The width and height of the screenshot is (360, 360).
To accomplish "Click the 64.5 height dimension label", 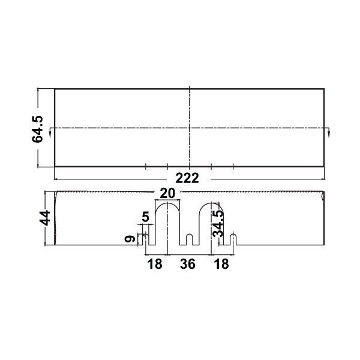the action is (x=37, y=129).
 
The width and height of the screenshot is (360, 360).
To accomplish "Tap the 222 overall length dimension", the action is (x=187, y=178).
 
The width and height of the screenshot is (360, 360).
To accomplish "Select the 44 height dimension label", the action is (x=44, y=218).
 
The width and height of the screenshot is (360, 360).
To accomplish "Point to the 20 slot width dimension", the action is (x=167, y=193).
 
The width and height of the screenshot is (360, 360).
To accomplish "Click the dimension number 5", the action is (x=146, y=217).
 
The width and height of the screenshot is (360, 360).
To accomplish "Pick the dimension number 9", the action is (x=130, y=239).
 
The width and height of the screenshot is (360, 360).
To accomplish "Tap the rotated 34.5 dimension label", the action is (x=218, y=224).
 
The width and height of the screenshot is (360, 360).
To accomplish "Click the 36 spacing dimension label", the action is (x=188, y=264).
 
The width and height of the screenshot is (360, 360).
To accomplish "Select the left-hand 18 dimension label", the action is (x=155, y=264).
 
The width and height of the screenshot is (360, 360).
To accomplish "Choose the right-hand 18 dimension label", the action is (x=221, y=264).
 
